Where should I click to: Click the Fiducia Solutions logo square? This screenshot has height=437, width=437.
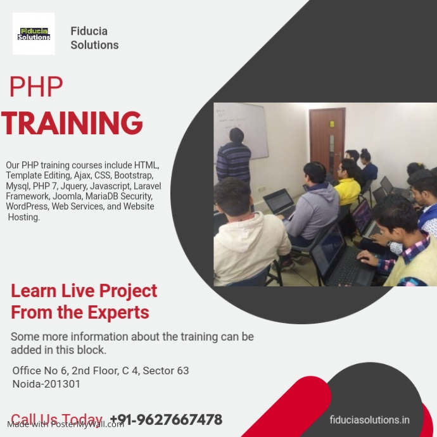point(34,34)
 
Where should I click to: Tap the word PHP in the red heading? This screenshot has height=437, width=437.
point(36,87)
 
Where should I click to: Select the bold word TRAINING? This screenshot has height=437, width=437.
point(72,123)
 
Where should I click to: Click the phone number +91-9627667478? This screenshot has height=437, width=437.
point(166,419)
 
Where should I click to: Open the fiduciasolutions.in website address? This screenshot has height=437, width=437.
point(369,419)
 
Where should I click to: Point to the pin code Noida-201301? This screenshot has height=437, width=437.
point(46,384)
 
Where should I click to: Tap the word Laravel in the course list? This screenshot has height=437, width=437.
point(147,186)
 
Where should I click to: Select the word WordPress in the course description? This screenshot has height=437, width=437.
point(28,206)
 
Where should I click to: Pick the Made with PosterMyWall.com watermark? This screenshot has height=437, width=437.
point(65,424)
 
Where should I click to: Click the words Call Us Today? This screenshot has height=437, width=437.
point(56,419)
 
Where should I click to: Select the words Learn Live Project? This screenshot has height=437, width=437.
point(84,291)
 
